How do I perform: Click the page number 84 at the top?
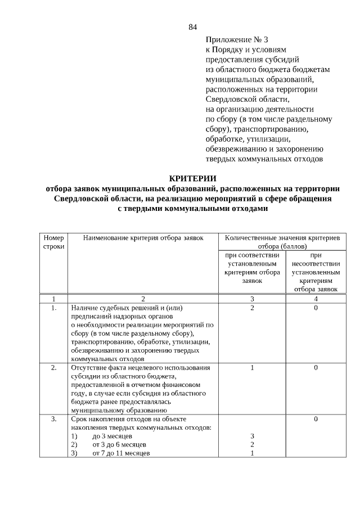point(193,27)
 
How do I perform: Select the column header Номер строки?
point(54,242)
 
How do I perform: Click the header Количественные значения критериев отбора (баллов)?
point(282,242)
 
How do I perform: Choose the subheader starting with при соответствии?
point(252,267)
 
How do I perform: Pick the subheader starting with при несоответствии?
point(315,272)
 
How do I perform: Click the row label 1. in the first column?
point(54,308)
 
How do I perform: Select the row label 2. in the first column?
point(54,367)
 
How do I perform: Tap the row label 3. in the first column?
point(54,419)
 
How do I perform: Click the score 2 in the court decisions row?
point(252,308)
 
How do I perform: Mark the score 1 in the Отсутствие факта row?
point(252,367)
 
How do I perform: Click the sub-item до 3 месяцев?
point(112,436)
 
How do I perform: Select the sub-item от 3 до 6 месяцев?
point(116,445)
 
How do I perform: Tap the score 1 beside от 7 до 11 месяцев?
point(252,453)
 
